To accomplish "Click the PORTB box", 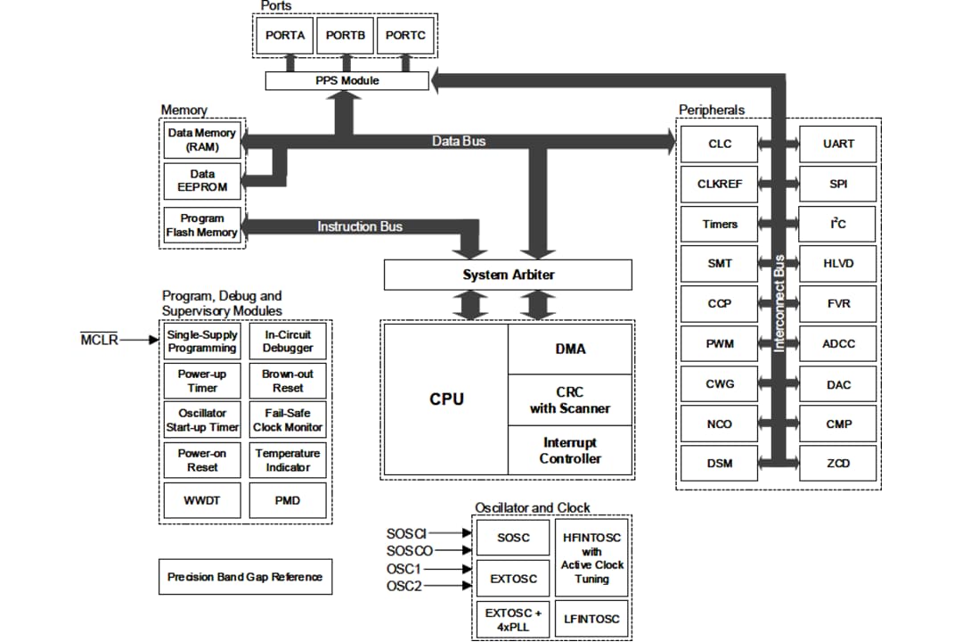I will (345, 36).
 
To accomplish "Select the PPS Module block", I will (346, 80).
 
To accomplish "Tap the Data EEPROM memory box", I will (202, 181).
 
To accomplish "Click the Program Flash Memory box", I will (202, 226).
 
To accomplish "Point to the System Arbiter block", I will (508, 275).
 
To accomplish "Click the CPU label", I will (446, 399).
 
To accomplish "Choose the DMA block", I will (570, 349).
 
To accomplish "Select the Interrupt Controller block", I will (570, 451).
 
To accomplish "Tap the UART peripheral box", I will (837, 144).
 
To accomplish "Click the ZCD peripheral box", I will (837, 464).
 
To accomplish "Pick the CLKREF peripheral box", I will (719, 184).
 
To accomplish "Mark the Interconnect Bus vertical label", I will (779, 304).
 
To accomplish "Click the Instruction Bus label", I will (360, 226).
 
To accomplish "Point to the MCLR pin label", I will (100, 340).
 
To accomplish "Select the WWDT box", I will (202, 501).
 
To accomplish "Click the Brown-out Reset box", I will (288, 382).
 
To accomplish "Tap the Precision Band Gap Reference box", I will (245, 577).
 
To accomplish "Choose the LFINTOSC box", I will (591, 618).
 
